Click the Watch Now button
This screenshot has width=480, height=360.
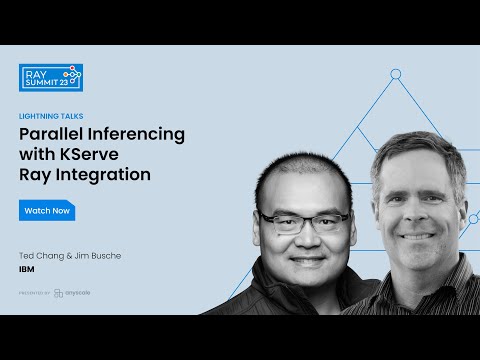click(x=47, y=211)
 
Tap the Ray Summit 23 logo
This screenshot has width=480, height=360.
click(x=51, y=77)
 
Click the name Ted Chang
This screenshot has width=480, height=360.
click(x=43, y=256)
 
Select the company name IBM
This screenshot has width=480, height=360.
click(x=27, y=270)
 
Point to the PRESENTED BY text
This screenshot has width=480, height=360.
click(x=34, y=293)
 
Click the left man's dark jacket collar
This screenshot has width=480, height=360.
click(x=265, y=290)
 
